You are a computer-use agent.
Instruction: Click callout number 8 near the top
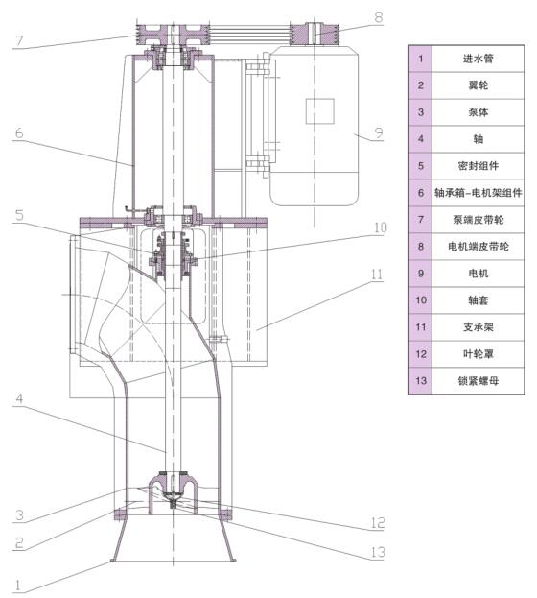point(378,16)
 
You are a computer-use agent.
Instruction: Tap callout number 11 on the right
point(377,274)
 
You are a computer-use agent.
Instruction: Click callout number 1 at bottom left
point(16,583)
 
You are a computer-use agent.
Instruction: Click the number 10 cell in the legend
point(419,300)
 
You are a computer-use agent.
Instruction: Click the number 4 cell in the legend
point(419,139)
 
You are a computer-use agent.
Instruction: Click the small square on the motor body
point(319,111)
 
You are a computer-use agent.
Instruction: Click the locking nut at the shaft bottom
point(170,499)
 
